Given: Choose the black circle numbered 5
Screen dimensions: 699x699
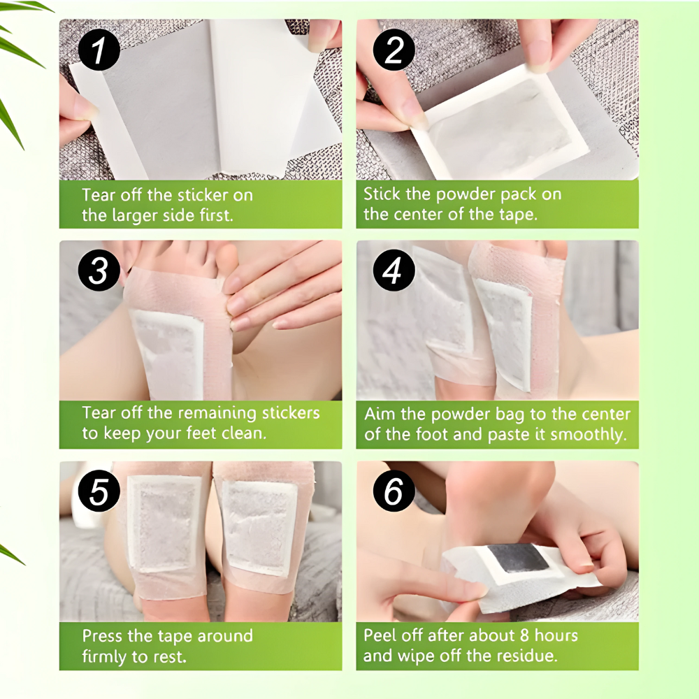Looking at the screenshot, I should [98, 492].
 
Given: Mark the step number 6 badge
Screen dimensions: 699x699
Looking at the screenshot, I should [394, 492].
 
